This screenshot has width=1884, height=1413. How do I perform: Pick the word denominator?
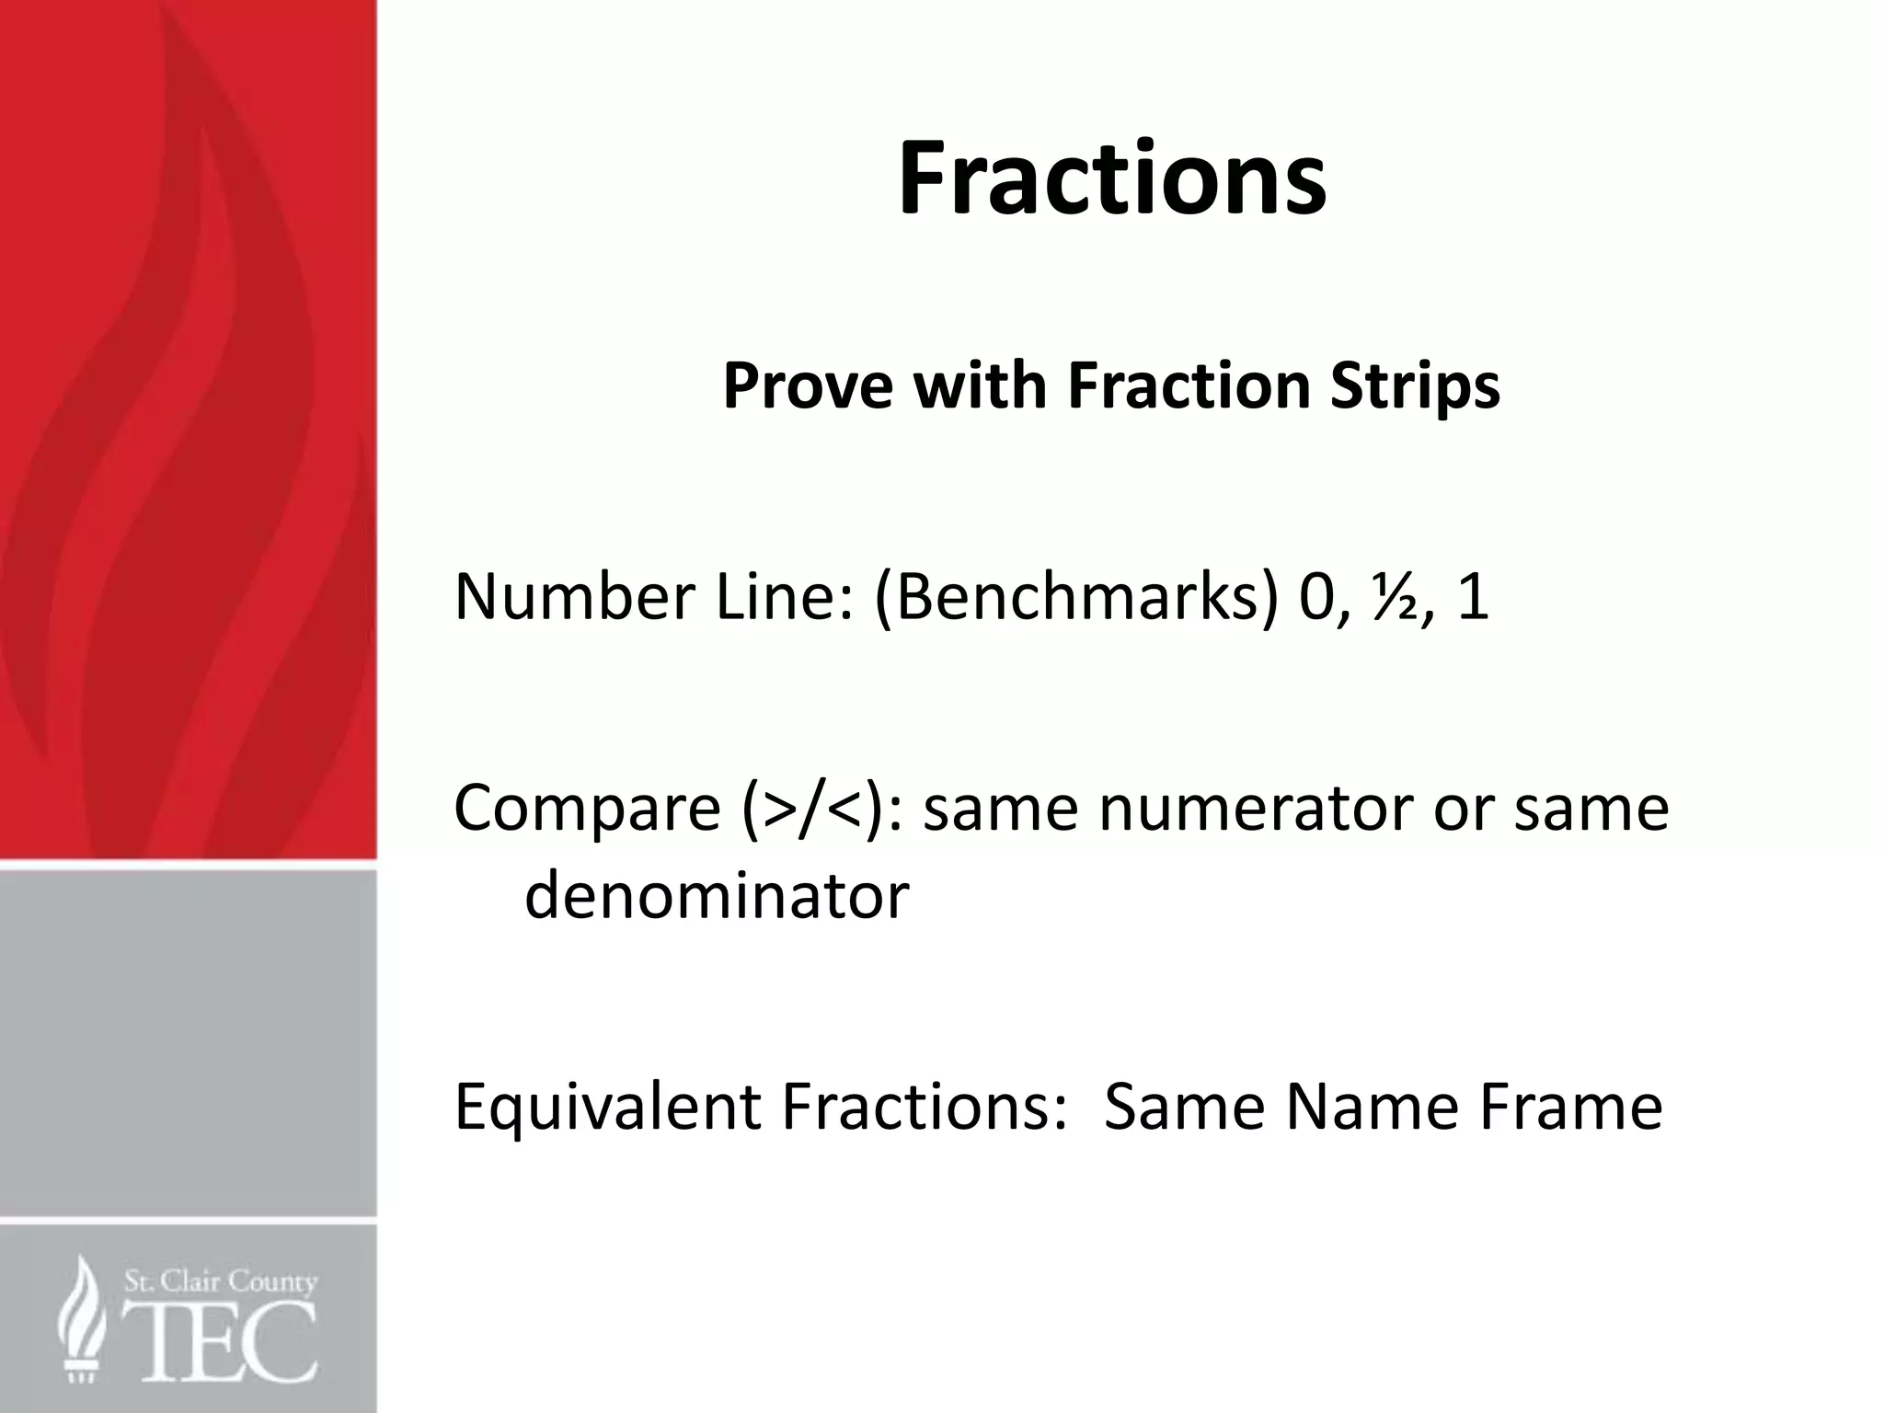[717, 895]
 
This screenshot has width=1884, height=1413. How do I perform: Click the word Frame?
[1570, 1106]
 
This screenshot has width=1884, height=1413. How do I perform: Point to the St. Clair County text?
[221, 1281]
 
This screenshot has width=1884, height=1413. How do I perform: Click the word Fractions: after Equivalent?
[923, 1106]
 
